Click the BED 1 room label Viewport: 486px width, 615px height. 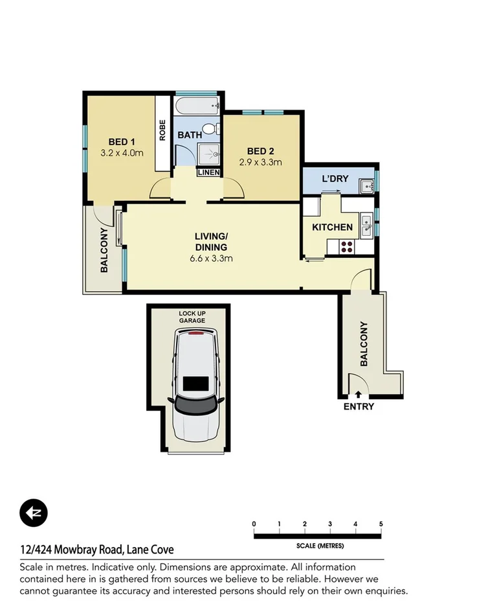(122, 142)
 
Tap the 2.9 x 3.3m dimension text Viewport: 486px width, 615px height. (261, 162)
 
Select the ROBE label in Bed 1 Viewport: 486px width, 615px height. (162, 131)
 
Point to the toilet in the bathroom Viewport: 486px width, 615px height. (208, 128)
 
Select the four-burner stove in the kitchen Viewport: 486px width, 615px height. (346, 246)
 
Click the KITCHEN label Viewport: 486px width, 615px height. (333, 227)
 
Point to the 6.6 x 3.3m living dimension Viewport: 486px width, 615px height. (211, 258)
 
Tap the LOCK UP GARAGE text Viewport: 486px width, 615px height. (192, 317)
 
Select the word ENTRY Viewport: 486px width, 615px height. (359, 407)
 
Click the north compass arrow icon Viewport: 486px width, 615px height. (33, 513)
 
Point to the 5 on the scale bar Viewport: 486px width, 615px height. (381, 524)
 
